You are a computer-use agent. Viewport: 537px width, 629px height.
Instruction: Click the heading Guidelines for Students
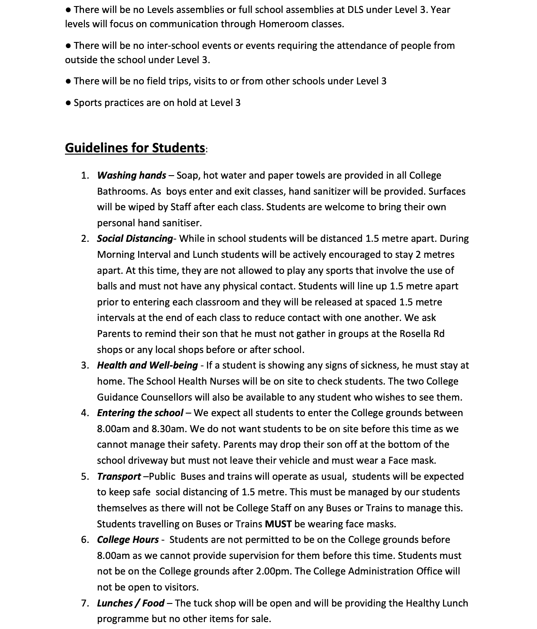135,148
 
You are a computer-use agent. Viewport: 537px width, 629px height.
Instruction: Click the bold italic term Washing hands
131,175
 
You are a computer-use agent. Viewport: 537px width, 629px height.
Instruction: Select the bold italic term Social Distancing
135,238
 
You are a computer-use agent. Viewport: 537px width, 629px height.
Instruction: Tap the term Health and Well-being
147,365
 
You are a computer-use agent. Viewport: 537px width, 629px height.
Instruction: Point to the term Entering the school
140,413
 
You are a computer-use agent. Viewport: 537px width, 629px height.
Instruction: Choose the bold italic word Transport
119,476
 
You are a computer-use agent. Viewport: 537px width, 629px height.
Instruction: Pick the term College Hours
128,539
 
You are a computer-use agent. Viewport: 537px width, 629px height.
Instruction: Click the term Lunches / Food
130,603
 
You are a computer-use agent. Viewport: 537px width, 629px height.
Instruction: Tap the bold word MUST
278,524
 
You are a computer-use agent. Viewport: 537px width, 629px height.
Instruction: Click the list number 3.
84,365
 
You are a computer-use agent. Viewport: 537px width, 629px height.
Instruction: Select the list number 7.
84,603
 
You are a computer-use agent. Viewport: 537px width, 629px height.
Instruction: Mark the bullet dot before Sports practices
68,103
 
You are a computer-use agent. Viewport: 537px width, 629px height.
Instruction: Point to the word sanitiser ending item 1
181,223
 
